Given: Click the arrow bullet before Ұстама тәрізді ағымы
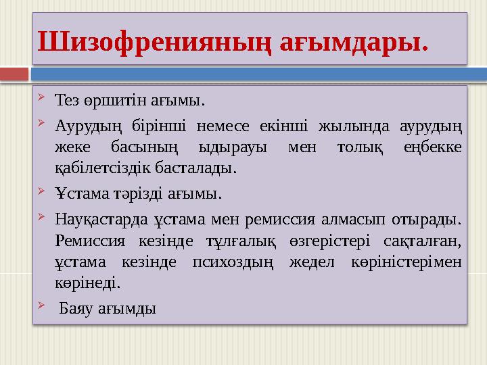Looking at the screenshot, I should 42,193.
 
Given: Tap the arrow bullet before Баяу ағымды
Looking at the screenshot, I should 42,308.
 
